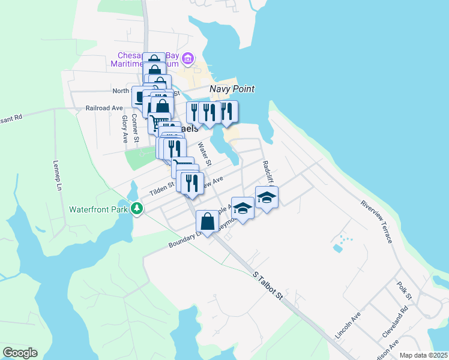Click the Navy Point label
(232, 89)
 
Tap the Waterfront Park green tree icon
(138, 208)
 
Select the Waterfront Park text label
(99, 210)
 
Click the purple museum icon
(188, 58)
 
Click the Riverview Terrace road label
(377, 221)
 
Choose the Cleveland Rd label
(395, 322)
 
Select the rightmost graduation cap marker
(267, 197)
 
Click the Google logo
(20, 353)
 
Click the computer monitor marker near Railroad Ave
(141, 96)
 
